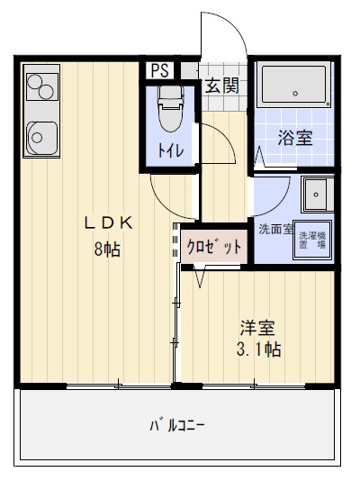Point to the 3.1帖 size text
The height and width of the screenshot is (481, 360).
pyautogui.click(x=258, y=350)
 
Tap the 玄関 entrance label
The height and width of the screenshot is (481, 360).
pyautogui.click(x=221, y=86)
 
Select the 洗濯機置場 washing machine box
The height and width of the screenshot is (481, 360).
pyautogui.click(x=311, y=239)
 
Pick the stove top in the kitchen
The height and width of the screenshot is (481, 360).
pyautogui.click(x=40, y=87)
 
